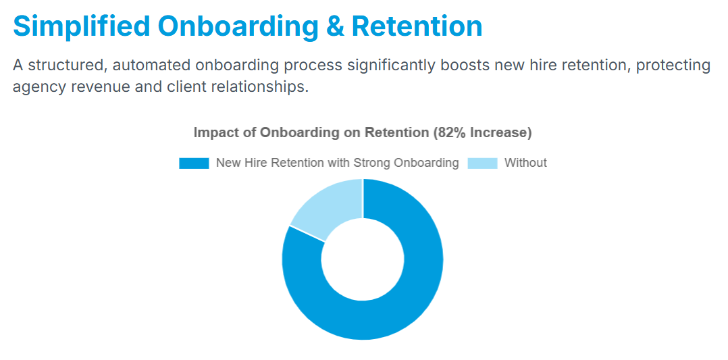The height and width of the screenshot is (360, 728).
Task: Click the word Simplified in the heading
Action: click(x=82, y=26)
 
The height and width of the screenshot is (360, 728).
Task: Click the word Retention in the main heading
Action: click(x=417, y=26)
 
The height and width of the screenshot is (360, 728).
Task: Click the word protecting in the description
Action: click(x=673, y=66)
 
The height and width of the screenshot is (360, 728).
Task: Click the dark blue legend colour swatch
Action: click(x=194, y=163)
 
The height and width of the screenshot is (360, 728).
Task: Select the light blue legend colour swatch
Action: click(x=482, y=163)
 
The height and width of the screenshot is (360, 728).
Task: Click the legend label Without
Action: click(x=525, y=163)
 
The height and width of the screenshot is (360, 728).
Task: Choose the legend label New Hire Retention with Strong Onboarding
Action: click(x=338, y=163)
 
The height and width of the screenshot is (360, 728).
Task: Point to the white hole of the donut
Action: click(x=363, y=259)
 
